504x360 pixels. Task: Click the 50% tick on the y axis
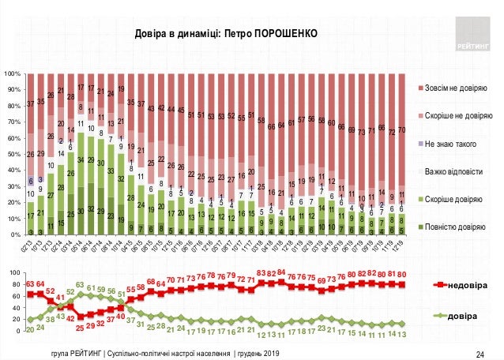13,154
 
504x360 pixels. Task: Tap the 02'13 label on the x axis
26,246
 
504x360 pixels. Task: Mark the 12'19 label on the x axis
403,246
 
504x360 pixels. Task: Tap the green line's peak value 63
80,285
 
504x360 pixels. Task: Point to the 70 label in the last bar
402,129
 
